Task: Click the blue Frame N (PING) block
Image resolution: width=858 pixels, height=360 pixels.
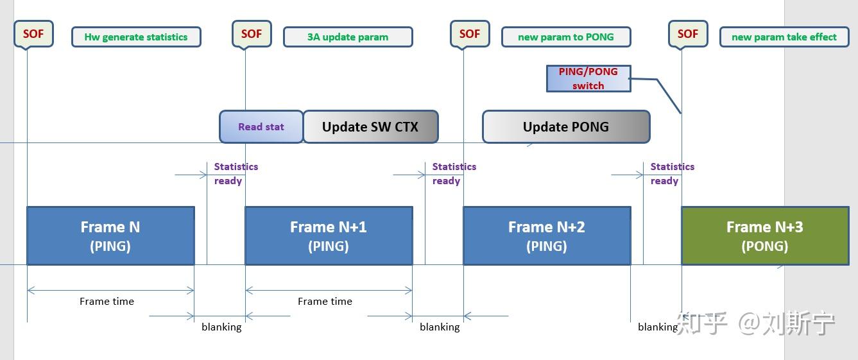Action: click(110, 236)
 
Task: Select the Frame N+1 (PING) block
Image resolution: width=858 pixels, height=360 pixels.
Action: click(329, 236)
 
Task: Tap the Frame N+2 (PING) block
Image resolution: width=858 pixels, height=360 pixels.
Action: click(547, 236)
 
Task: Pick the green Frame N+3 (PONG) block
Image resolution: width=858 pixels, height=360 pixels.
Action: click(765, 236)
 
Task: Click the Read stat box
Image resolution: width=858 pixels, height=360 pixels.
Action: click(261, 126)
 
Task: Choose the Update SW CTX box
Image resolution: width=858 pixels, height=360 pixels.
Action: click(370, 126)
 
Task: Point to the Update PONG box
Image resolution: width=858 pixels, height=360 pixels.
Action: click(566, 126)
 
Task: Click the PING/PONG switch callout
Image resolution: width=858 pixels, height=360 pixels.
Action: click(588, 78)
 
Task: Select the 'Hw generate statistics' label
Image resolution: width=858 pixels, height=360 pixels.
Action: click(136, 37)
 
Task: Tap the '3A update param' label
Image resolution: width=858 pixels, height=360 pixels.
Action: click(348, 37)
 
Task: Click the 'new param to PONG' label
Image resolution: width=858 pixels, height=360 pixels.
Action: click(566, 37)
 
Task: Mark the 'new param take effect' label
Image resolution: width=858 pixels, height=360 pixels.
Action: click(784, 37)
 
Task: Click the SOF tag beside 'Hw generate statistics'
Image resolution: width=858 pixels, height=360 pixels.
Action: click(33, 33)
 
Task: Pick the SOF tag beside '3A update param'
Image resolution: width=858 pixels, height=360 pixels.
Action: click(252, 33)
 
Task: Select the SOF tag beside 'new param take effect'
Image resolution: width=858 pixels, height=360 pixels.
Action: click(688, 33)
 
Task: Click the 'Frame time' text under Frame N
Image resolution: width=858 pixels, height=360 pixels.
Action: click(107, 301)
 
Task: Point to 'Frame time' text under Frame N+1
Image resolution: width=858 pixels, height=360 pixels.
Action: click(325, 301)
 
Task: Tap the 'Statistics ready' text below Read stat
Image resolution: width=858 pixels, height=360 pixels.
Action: click(236, 173)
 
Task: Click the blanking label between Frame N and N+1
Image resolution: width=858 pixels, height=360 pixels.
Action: click(221, 327)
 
